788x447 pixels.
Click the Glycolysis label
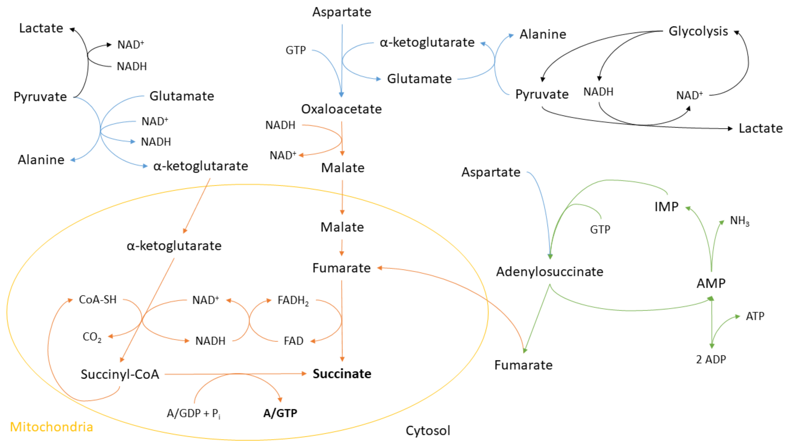click(698, 31)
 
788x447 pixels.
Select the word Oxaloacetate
click(341, 109)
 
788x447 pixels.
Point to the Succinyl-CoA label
click(120, 374)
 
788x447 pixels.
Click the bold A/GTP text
click(280, 413)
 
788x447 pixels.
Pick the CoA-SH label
click(98, 300)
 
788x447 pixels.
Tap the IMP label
click(666, 207)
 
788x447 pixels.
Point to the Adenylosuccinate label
click(550, 272)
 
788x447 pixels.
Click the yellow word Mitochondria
click(51, 427)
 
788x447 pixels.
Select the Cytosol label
click(428, 431)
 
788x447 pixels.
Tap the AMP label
click(711, 283)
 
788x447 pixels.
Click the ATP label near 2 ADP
click(755, 316)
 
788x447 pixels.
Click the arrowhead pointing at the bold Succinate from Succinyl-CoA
click(304, 374)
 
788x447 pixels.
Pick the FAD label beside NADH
click(294, 341)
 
